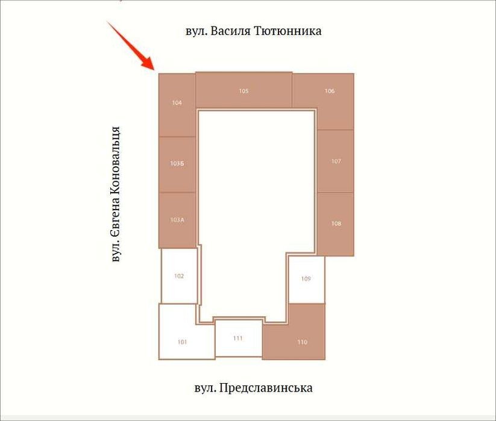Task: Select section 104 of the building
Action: (177, 105)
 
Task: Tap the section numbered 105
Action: (244, 90)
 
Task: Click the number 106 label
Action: (329, 91)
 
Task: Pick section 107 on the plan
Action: (335, 161)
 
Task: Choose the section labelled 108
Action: (335, 224)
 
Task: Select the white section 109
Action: (307, 279)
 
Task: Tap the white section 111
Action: (239, 338)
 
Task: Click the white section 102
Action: (179, 276)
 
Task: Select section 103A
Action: (177, 220)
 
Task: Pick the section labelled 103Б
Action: (177, 164)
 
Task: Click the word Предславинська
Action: (265, 388)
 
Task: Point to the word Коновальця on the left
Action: (116, 161)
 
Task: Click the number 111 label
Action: (237, 338)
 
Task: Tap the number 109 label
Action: (306, 279)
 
